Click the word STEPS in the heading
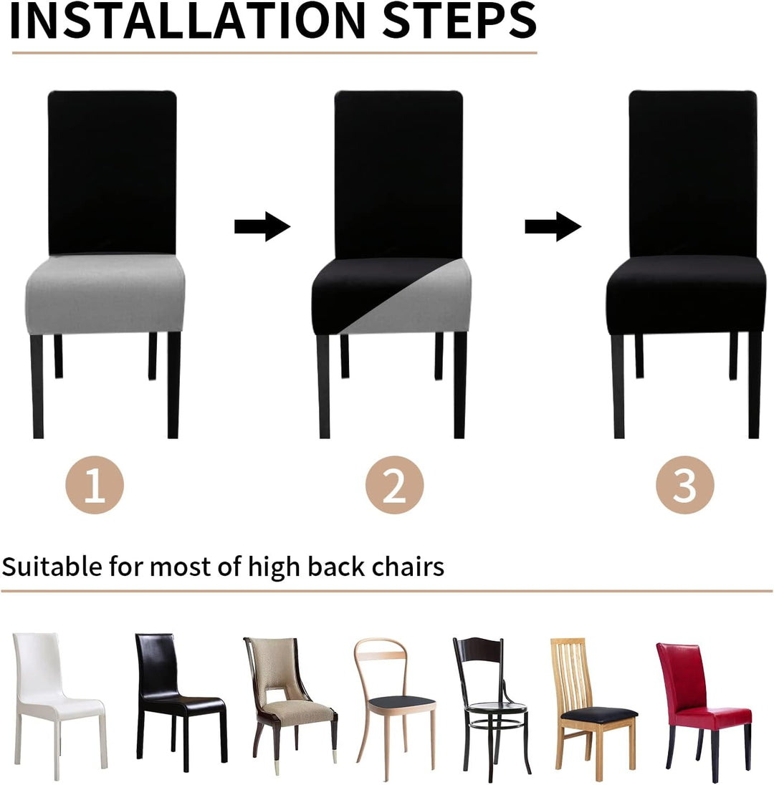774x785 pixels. pyautogui.click(x=459, y=21)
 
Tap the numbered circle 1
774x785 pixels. pyautogui.click(x=95, y=485)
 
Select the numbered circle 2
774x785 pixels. pyautogui.click(x=394, y=485)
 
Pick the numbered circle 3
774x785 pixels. pyautogui.click(x=685, y=485)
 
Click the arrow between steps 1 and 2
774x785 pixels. pyautogui.click(x=262, y=226)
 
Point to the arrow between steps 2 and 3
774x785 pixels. pyautogui.click(x=553, y=226)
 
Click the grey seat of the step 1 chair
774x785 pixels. pyautogui.click(x=105, y=294)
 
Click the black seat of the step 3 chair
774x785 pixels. pyautogui.click(x=686, y=294)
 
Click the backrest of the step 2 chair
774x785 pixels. pyautogui.click(x=398, y=174)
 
